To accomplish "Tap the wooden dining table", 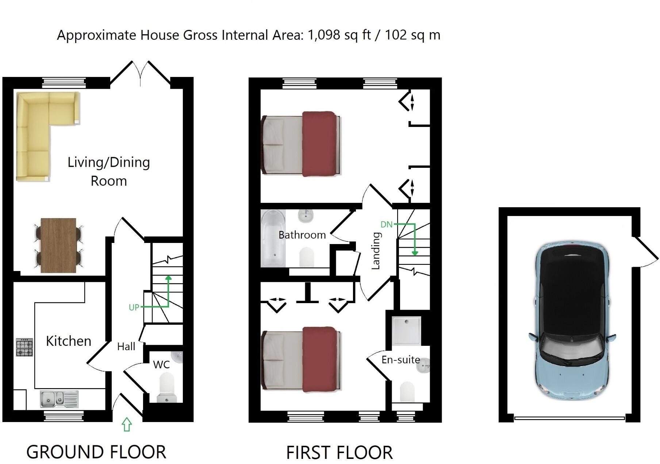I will [58, 245].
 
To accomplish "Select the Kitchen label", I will [69, 341].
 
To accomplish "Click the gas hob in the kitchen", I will [24, 347].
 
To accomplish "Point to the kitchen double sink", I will [59, 399].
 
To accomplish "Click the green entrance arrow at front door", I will [127, 424].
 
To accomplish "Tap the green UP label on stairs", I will [134, 308].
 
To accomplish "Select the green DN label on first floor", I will [386, 224].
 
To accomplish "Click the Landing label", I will [376, 251].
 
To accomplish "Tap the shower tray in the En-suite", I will [406, 331].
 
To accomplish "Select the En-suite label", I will [400, 360].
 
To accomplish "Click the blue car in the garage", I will [572, 321].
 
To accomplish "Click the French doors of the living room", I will [141, 75].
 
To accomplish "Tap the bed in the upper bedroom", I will [301, 144].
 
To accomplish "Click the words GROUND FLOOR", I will [96, 452].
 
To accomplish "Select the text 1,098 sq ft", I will [339, 35].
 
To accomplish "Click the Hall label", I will [126, 347].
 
